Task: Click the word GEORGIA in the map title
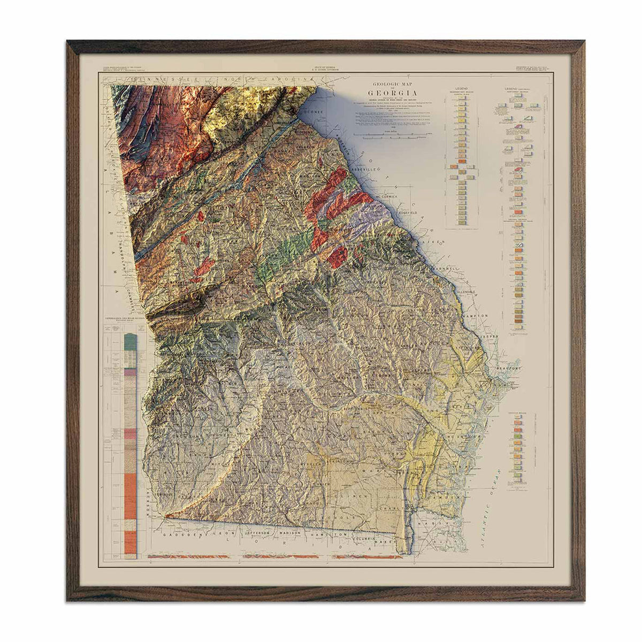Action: [x=397, y=90]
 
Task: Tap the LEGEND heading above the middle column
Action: [x=461, y=87]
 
